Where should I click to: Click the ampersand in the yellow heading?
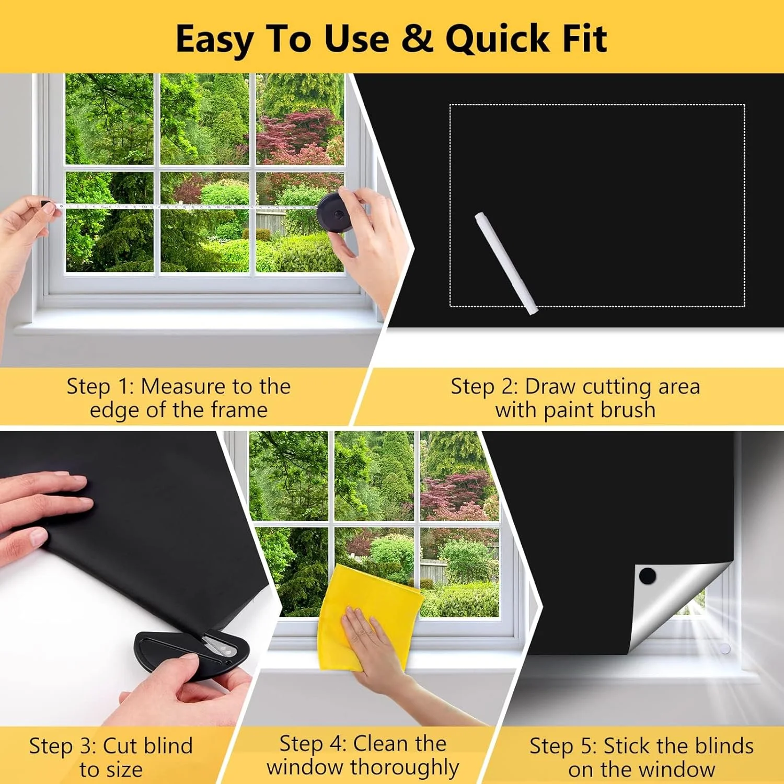(418, 38)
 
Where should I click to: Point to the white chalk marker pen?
(506, 263)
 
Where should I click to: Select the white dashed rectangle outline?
(597, 105)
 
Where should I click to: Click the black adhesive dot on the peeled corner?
(648, 576)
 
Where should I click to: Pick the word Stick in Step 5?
(626, 746)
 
